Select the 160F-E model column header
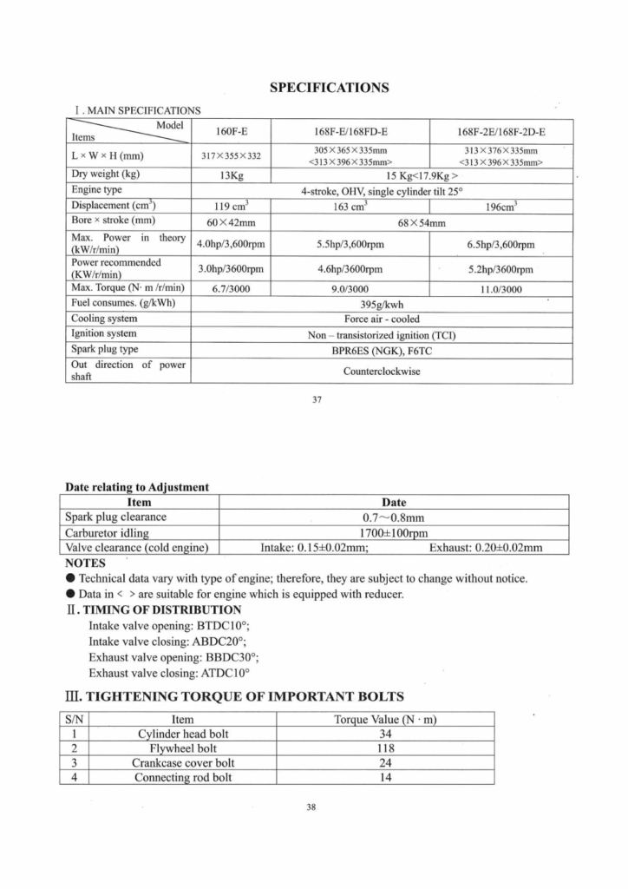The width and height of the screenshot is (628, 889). point(231,132)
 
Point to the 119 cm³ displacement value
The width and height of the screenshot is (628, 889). point(231,207)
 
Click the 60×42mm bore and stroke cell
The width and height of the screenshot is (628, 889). point(231,222)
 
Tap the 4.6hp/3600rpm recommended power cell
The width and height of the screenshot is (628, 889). point(350,269)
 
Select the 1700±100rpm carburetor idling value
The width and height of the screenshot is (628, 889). point(394,532)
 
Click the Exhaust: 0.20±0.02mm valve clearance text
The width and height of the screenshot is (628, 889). point(486,547)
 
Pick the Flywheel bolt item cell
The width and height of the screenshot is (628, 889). point(183,748)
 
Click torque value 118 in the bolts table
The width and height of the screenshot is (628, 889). point(385,748)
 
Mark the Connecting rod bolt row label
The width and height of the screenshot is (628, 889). point(183,778)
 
